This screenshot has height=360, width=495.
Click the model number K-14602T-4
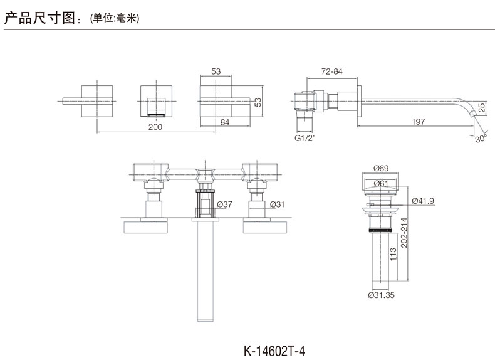pyautogui.click(x=274, y=351)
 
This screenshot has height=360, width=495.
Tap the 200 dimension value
pyautogui.click(x=155, y=127)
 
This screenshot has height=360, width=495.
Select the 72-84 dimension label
pyautogui.click(x=332, y=71)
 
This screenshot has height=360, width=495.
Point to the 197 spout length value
pyautogui.click(x=419, y=122)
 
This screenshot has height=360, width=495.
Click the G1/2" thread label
pyautogui.click(x=305, y=138)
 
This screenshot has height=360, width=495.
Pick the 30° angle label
pyautogui.click(x=481, y=139)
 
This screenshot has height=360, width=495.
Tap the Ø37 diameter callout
pyautogui.click(x=225, y=204)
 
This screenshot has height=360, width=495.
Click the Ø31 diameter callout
pyautogui.click(x=277, y=204)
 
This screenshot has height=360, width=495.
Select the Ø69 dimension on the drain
pyautogui.click(x=381, y=168)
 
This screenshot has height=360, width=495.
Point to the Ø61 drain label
pyautogui.click(x=381, y=183)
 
